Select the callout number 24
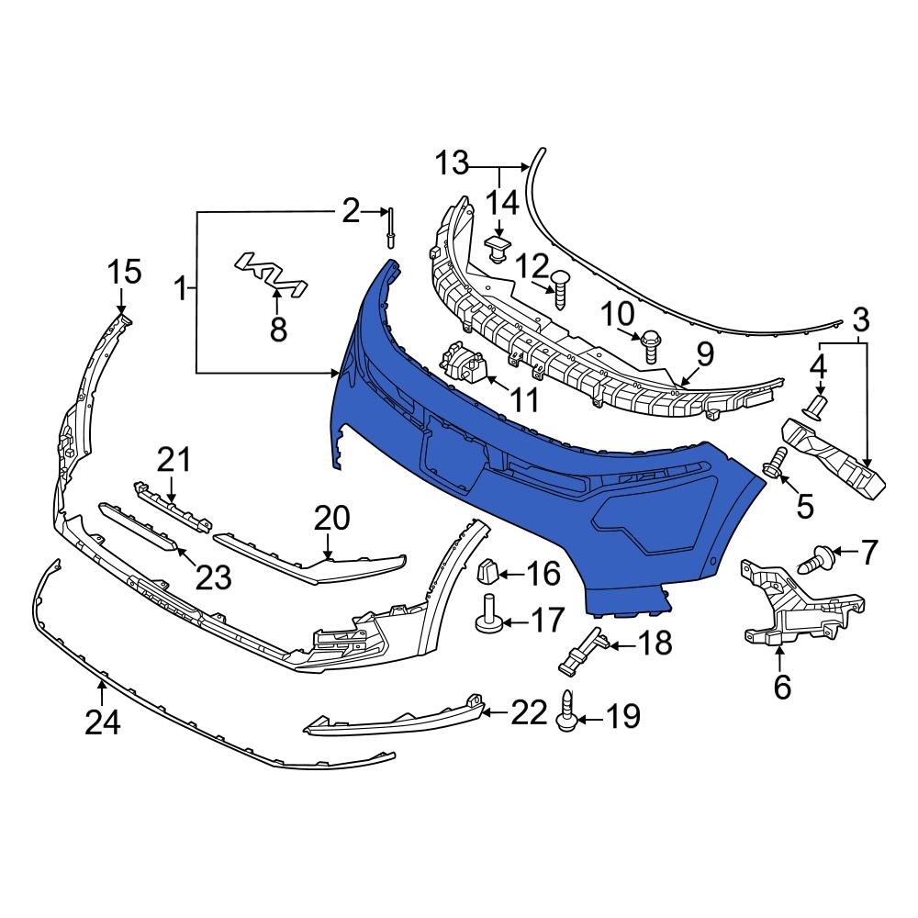[102, 723]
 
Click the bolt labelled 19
[566, 713]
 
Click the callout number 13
[451, 165]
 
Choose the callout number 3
[860, 321]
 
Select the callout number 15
[125, 272]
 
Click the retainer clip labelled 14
[497, 247]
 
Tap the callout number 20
[331, 520]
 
